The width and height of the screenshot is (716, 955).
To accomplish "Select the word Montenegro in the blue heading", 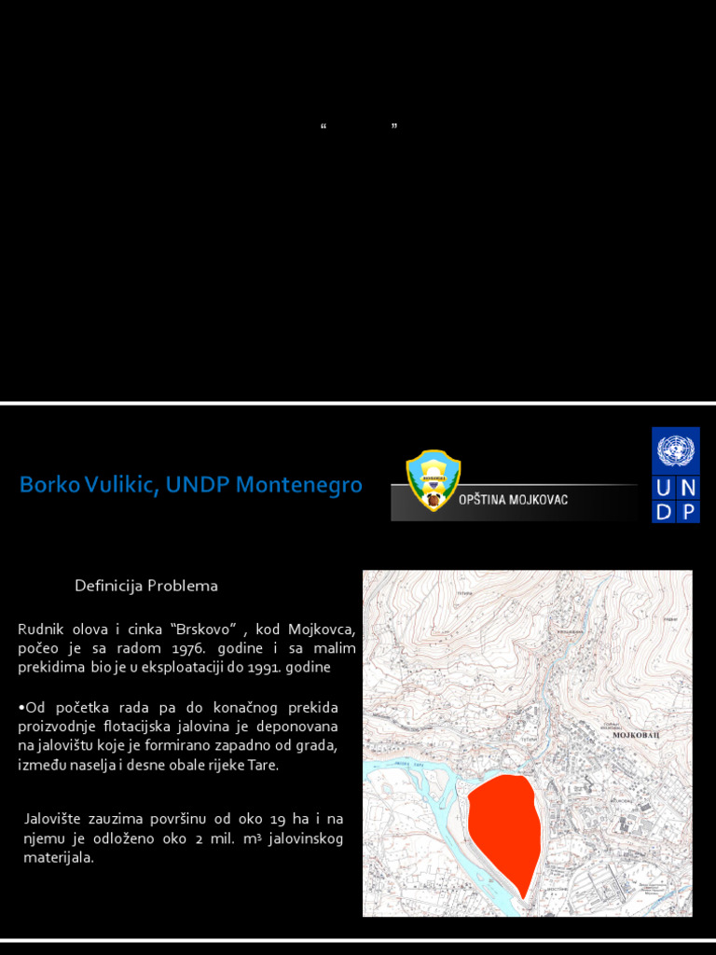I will pyautogui.click(x=299, y=485).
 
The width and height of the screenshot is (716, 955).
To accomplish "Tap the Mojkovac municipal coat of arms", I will pyautogui.click(x=433, y=480).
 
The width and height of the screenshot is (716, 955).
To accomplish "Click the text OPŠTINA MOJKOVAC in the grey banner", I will pyautogui.click(x=513, y=500).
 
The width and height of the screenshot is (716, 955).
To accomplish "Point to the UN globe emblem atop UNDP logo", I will pyautogui.click(x=676, y=450).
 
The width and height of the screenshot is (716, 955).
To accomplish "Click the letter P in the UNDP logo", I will pyautogui.click(x=689, y=511).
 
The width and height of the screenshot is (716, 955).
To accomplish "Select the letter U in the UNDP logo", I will pyautogui.click(x=664, y=488).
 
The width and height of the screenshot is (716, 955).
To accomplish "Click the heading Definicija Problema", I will pyautogui.click(x=146, y=586).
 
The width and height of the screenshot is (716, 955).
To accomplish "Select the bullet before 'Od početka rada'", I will pyautogui.click(x=21, y=708).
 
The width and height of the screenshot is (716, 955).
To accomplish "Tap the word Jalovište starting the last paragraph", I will pyautogui.click(x=53, y=819).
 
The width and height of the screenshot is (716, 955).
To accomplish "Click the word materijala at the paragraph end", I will pyautogui.click(x=58, y=858).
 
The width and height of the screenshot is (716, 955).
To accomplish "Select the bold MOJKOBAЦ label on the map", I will pyautogui.click(x=636, y=736).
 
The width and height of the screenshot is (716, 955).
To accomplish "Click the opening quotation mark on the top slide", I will pyautogui.click(x=324, y=126).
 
